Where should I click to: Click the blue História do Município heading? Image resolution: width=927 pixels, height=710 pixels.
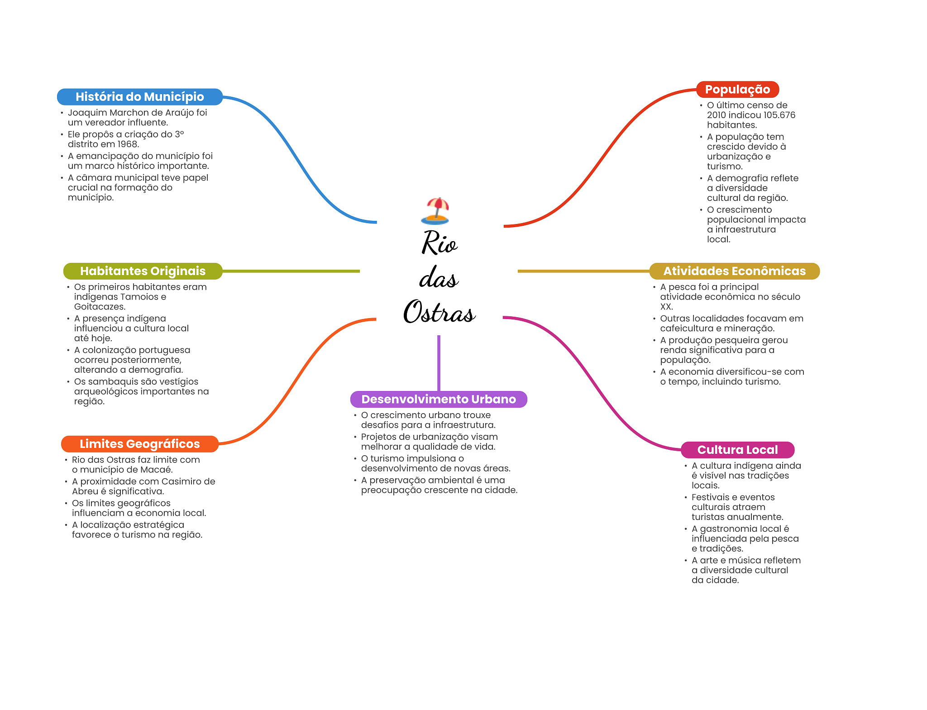coord(139,97)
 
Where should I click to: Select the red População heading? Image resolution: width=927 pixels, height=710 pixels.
coord(737,90)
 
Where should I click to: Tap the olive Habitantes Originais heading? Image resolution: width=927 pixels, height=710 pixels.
coord(143,271)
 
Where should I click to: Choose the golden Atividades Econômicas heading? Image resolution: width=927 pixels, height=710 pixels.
coord(734,271)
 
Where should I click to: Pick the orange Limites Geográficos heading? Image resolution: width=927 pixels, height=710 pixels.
coord(139,444)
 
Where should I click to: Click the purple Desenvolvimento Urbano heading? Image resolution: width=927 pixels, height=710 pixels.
coord(438,399)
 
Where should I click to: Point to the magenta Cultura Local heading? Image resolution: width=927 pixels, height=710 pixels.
coord(737,450)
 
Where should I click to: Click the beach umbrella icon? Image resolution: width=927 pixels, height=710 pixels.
coord(435,211)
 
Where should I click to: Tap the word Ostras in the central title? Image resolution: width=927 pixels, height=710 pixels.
coord(439,312)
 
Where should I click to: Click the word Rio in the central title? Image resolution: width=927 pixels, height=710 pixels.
coord(439,243)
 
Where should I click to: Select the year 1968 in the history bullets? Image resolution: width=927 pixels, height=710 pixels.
coord(127,144)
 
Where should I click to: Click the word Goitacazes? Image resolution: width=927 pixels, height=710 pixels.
coord(99,307)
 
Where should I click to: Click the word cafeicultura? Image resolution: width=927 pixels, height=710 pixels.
coord(687,329)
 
